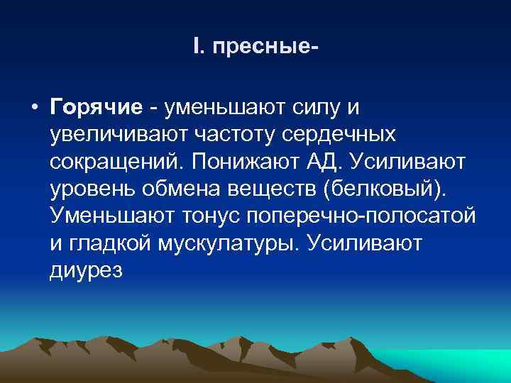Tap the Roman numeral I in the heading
tap(195, 48)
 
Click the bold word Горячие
tap(97, 107)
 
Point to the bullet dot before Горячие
tap(33, 108)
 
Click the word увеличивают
tap(116, 135)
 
